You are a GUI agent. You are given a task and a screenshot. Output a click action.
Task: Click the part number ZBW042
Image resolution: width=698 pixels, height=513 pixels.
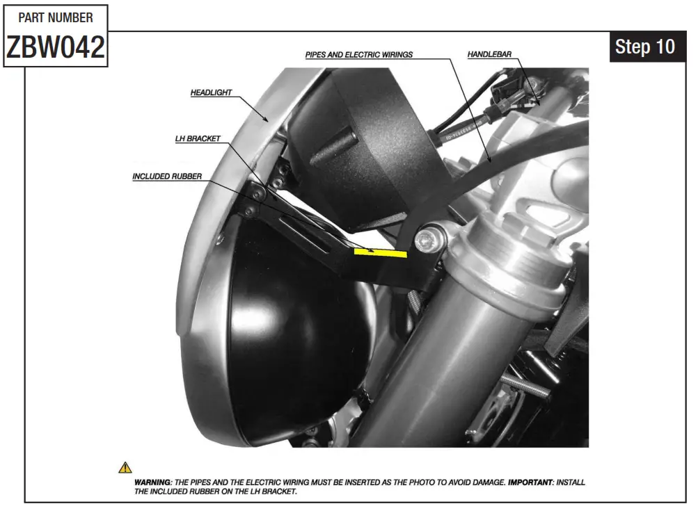point(56,47)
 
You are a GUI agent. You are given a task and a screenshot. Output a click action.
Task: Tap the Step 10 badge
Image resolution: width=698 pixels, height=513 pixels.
point(645,47)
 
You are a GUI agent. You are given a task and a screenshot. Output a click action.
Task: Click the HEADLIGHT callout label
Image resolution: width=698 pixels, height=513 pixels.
point(211,92)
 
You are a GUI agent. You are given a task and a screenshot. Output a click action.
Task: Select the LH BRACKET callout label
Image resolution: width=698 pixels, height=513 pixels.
point(198,139)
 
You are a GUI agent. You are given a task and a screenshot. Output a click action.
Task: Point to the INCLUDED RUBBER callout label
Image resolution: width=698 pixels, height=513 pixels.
point(167,177)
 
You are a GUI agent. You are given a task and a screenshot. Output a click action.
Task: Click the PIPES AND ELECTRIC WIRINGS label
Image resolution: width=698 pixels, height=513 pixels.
point(359,54)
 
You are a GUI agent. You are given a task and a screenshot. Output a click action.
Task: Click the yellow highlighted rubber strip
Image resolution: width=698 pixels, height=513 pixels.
point(380,252)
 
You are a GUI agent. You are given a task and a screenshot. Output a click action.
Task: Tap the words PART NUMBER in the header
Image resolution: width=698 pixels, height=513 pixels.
point(56,17)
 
